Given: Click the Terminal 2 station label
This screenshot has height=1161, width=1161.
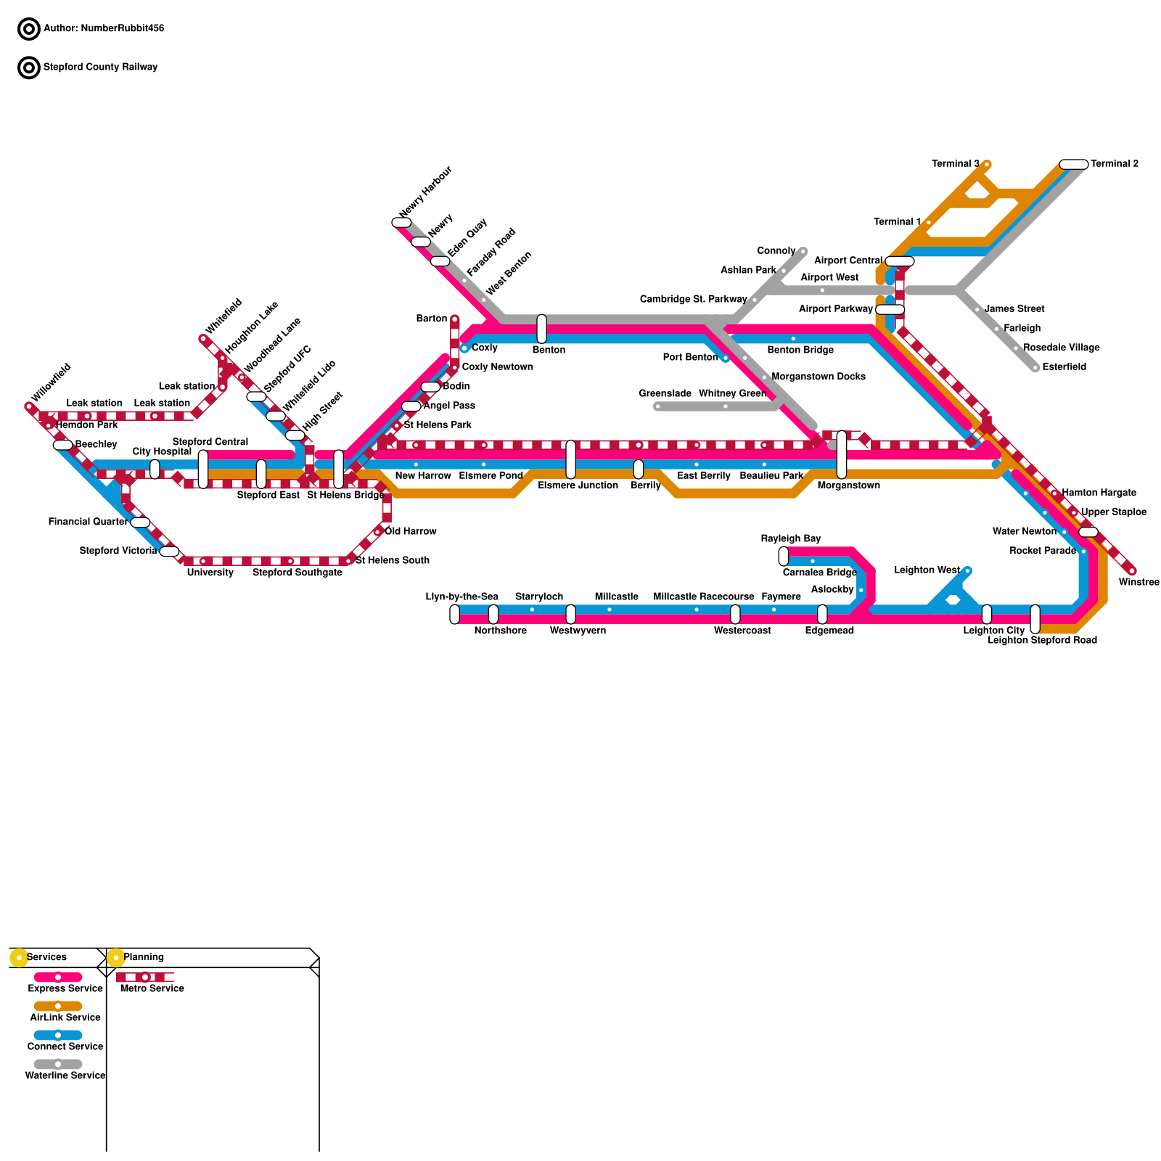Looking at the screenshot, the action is click(1114, 164).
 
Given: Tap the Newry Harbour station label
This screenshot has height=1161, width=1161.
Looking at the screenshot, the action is click(425, 192).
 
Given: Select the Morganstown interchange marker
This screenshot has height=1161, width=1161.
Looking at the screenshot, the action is click(841, 455).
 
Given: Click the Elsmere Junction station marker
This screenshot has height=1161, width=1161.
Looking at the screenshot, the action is click(570, 459).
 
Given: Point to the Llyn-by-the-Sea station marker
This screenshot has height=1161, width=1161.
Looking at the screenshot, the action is click(454, 614).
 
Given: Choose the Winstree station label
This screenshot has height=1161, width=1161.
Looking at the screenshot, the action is click(1139, 582).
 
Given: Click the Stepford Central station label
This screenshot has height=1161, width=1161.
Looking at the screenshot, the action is click(210, 442).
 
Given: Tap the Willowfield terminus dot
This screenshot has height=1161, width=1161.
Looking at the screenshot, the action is click(29, 407).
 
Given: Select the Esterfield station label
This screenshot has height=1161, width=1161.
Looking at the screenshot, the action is click(1064, 367).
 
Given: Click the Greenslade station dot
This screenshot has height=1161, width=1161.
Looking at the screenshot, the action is click(657, 406).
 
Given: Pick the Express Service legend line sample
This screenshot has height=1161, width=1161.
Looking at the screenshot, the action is click(58, 977).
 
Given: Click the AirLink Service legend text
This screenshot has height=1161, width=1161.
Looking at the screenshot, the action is click(65, 1017).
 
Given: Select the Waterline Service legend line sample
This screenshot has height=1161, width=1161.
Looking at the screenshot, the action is click(58, 1064).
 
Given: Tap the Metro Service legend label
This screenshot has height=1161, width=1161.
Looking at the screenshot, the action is click(152, 988).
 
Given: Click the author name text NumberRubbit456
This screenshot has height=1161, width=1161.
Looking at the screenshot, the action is click(122, 29).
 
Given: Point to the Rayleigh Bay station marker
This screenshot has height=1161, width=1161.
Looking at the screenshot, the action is click(783, 557).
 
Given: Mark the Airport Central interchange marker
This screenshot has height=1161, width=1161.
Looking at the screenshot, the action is click(900, 261).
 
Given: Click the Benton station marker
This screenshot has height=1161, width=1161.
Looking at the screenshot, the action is click(541, 329).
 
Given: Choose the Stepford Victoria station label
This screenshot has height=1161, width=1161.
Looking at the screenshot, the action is click(118, 551).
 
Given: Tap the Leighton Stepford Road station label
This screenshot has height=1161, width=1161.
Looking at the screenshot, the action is click(1042, 640).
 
